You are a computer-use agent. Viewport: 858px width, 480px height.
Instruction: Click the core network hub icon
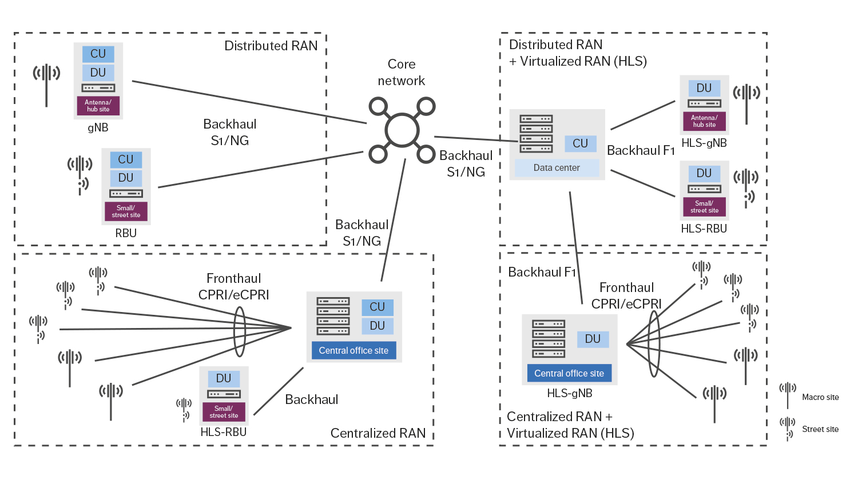(402, 130)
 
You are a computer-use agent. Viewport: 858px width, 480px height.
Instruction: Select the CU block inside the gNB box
(98, 54)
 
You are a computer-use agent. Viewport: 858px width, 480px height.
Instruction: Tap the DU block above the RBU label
(126, 178)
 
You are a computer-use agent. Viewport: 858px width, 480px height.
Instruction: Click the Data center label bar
(557, 167)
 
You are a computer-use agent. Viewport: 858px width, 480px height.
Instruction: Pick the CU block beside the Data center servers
(580, 143)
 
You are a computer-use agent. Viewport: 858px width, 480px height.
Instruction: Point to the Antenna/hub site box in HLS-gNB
(704, 121)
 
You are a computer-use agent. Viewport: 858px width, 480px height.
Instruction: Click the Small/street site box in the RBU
(126, 211)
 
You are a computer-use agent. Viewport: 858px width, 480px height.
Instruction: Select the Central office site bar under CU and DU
(353, 350)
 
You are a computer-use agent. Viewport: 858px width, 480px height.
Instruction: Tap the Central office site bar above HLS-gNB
(569, 373)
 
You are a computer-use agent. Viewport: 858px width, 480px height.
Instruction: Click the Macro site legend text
(820, 397)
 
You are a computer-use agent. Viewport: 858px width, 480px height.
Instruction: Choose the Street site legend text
(820, 429)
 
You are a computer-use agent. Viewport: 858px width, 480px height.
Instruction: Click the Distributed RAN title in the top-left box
(271, 46)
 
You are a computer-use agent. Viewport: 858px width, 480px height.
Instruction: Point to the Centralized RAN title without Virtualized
(378, 433)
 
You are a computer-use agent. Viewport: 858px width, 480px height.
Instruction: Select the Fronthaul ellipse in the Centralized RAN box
(240, 331)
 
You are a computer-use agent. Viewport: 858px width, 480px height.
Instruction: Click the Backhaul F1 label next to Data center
(641, 150)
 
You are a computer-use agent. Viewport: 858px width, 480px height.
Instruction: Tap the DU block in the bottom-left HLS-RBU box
(224, 378)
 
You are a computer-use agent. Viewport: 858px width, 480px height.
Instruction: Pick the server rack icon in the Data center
(536, 134)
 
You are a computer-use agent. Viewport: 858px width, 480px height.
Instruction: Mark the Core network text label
(402, 73)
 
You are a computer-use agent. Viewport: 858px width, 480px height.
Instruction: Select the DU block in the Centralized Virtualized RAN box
(593, 339)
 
